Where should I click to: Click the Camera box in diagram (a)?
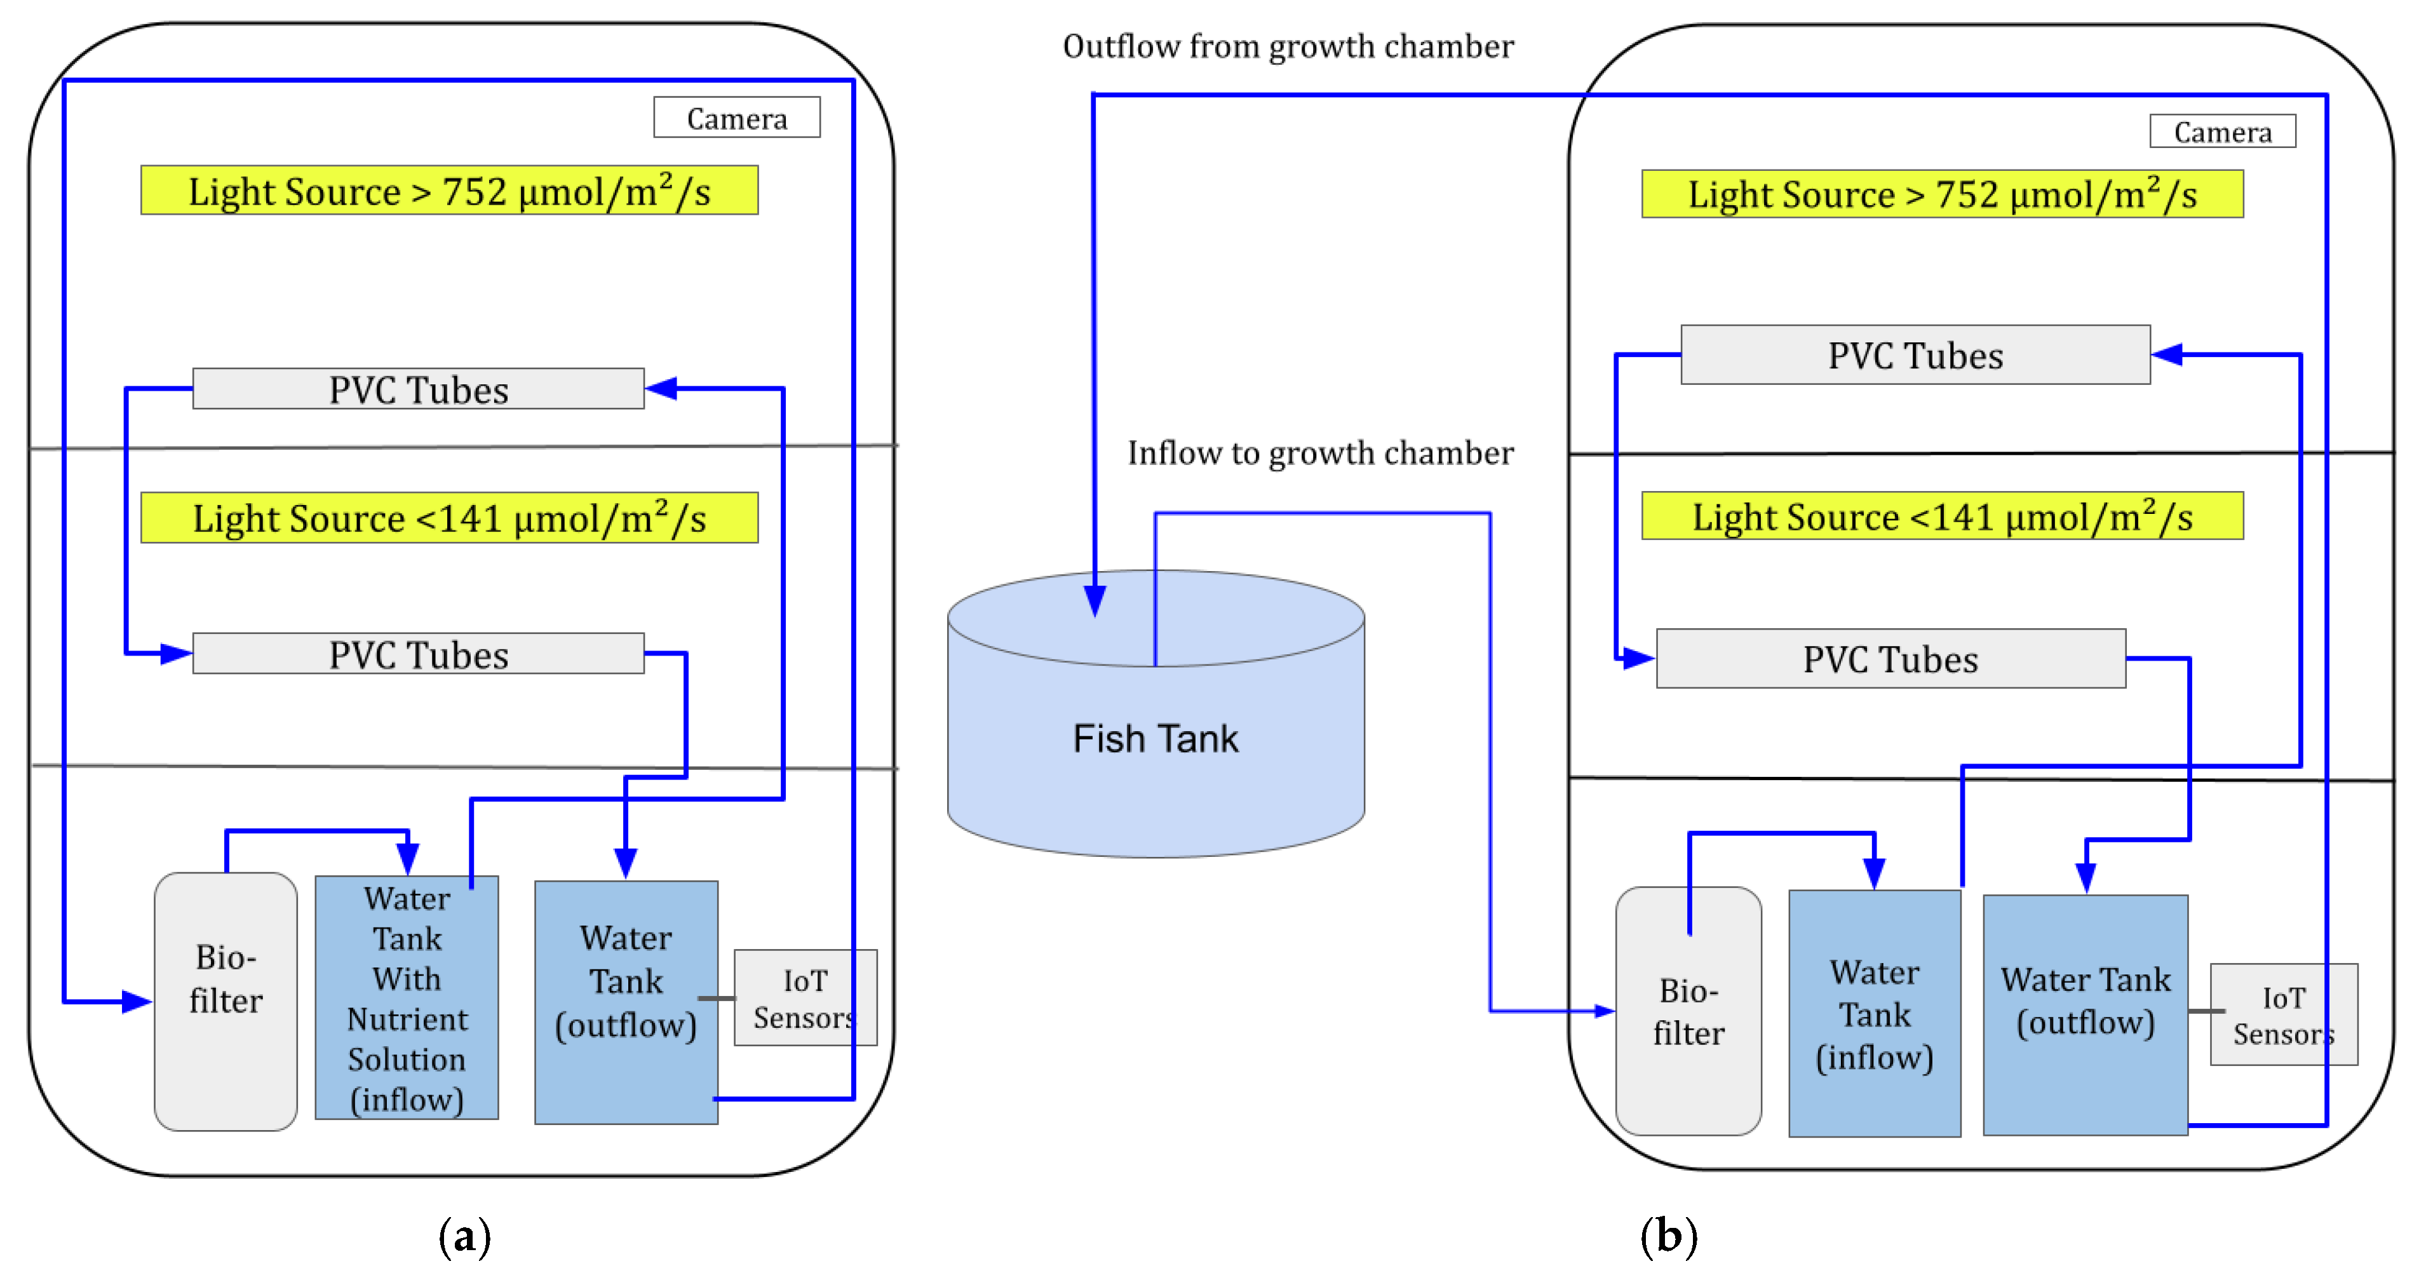[736, 118]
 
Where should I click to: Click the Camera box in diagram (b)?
[2222, 131]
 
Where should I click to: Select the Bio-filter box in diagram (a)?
[226, 1000]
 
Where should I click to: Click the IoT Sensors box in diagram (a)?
[805, 998]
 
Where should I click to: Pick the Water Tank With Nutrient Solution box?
[407, 998]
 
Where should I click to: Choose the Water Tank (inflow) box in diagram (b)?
[1875, 1014]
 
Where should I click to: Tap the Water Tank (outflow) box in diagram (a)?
[626, 1002]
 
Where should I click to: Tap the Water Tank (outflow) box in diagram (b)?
[2085, 1014]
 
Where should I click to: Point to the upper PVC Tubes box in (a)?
[418, 389]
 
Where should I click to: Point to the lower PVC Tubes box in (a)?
[418, 654]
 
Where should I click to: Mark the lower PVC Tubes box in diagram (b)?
[1890, 659]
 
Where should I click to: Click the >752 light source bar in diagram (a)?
[449, 191]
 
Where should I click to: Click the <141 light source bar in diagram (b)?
[1942, 516]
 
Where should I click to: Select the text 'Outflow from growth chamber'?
[1288, 46]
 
